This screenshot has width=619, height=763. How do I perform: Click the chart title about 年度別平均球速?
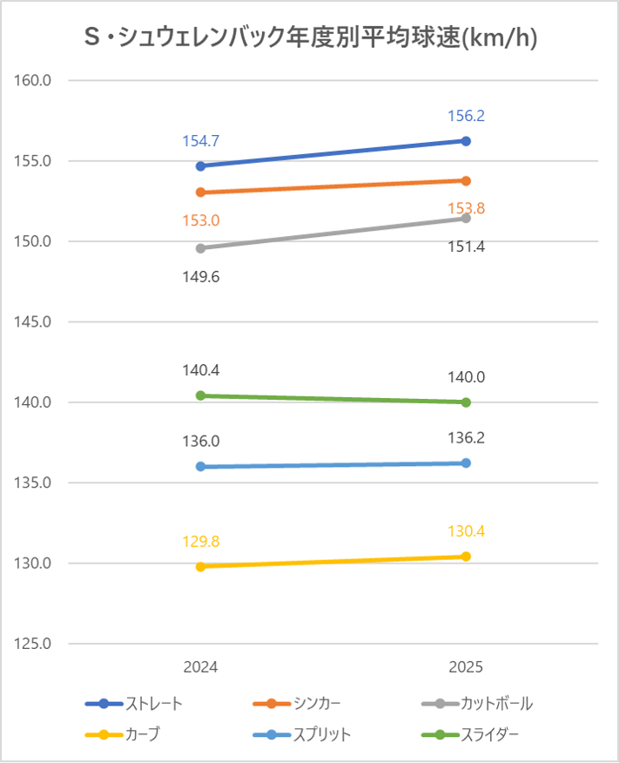[310, 37]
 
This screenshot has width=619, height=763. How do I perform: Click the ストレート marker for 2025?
[466, 141]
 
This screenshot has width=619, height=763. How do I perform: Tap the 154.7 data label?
[200, 141]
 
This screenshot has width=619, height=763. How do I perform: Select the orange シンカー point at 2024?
[200, 192]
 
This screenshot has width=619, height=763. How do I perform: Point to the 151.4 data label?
[466, 247]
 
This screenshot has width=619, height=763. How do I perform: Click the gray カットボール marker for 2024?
[200, 248]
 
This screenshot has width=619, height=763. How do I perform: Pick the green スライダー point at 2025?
[466, 402]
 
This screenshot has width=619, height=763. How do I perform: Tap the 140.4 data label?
[200, 370]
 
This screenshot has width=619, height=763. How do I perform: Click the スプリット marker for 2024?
[200, 467]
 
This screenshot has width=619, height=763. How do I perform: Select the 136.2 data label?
[466, 438]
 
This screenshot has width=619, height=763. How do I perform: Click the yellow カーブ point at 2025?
[466, 557]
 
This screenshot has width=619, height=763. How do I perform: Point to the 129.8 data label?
[200, 542]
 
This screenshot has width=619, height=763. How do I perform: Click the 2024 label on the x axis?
[200, 668]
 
